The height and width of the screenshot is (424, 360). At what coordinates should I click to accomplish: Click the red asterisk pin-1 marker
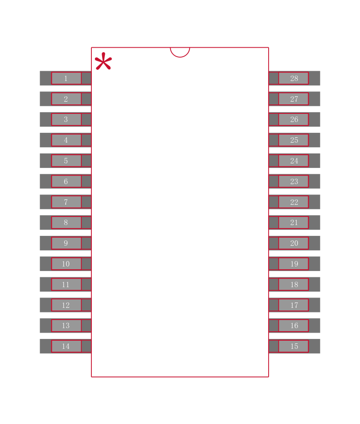(103, 61)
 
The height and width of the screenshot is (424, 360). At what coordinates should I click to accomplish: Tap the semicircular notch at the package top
(180, 53)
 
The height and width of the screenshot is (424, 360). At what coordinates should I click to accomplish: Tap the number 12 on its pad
(66, 305)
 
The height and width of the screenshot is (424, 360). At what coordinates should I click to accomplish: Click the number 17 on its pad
(294, 305)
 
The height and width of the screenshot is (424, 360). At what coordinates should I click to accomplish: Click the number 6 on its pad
(66, 181)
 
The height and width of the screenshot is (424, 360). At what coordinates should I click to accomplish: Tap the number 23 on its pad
(294, 181)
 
